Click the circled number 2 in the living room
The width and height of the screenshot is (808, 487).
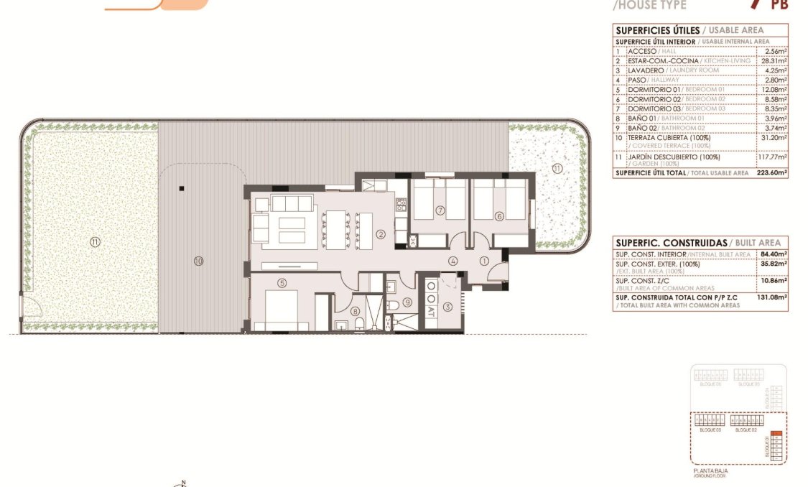[381, 233]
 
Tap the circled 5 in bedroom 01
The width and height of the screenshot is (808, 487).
[282, 283]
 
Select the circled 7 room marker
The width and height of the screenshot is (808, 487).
[441, 210]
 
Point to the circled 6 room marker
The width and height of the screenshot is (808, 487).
[499, 215]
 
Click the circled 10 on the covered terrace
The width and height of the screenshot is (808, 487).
[198, 261]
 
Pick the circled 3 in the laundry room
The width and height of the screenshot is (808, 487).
[447, 307]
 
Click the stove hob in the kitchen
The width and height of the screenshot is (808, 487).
[402, 205]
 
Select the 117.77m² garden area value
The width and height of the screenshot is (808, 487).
[774, 157]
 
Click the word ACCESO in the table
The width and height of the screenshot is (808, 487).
[641, 52]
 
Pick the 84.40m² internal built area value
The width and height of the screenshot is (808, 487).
[774, 254]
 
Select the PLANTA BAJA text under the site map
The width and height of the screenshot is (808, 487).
[710, 470]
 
